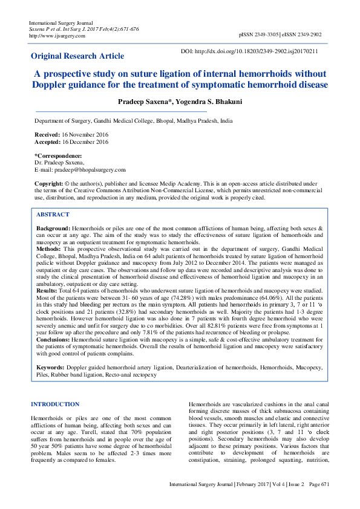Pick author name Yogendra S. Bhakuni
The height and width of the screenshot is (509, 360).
click(208, 102)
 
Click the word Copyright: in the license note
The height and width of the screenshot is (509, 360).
click(48, 183)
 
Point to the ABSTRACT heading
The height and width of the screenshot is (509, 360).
click(53, 215)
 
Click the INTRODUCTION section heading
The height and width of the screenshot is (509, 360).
click(55, 404)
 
